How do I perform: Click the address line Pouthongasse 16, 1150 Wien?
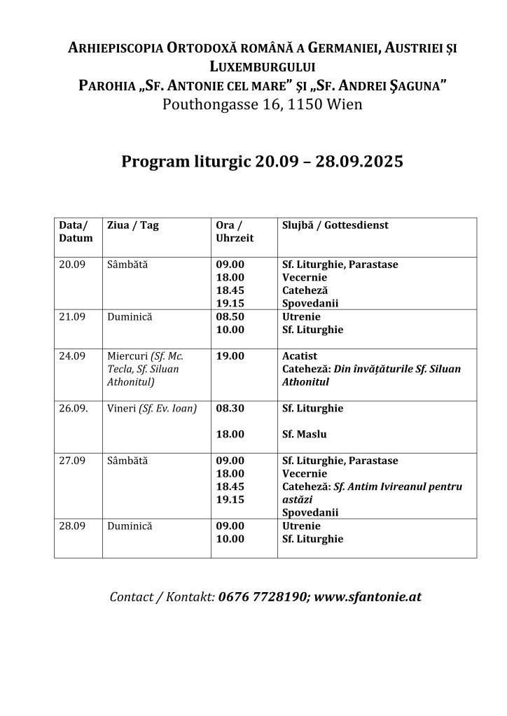coord(263,105)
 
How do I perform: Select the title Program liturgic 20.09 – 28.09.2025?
coord(263,162)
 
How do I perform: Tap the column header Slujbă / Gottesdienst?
coord(335,225)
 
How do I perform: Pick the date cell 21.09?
coord(72,317)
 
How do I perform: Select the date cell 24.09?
coord(72,356)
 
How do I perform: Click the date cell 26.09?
coord(74,409)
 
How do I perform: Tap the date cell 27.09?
coord(72,461)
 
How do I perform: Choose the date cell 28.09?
coord(72,526)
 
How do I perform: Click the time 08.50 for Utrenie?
coord(230,317)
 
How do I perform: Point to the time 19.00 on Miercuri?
coord(230,356)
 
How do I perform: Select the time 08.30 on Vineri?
coord(230,409)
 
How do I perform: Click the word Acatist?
coord(300,356)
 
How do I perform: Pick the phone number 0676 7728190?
coord(262,598)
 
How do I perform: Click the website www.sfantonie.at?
coord(368,598)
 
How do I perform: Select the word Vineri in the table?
coord(122,409)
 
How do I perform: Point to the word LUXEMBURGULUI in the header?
coord(263,67)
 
